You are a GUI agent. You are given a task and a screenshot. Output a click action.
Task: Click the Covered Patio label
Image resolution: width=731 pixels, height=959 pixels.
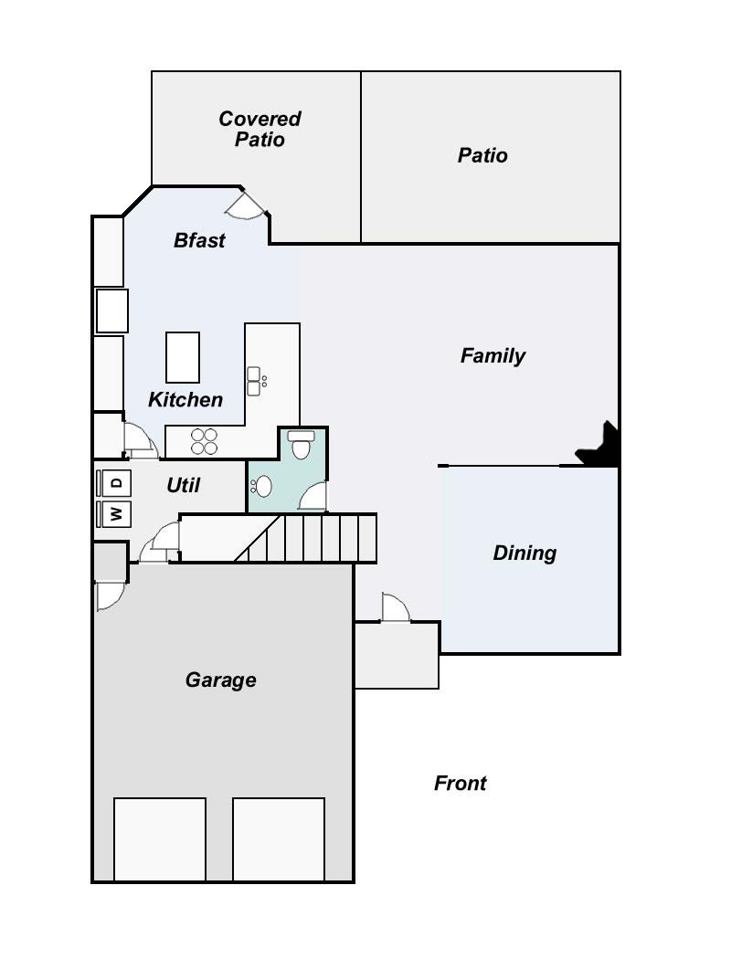[x=260, y=129]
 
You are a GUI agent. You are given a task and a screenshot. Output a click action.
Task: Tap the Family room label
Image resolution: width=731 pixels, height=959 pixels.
[x=493, y=355]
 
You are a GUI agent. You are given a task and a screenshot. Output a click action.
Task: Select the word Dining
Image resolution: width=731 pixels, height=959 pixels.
[x=524, y=553]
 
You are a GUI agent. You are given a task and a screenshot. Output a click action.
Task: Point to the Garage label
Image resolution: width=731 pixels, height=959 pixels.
[x=221, y=680]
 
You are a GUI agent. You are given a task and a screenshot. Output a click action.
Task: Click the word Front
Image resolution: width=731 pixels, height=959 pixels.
[x=460, y=783]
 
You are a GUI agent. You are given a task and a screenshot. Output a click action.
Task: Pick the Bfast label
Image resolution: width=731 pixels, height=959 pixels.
[x=199, y=240]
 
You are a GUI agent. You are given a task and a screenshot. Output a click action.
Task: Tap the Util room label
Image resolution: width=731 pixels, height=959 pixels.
[x=184, y=485]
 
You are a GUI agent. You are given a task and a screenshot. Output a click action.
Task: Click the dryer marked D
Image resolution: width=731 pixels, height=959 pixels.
[x=114, y=482]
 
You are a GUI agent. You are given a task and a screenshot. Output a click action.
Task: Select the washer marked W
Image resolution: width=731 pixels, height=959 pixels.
[x=114, y=513]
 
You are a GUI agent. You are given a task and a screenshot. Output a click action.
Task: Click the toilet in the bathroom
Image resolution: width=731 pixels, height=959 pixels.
[x=301, y=445]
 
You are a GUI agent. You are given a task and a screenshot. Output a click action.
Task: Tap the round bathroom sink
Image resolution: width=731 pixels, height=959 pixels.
[x=261, y=486]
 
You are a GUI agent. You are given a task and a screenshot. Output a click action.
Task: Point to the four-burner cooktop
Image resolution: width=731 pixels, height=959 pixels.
[x=205, y=441]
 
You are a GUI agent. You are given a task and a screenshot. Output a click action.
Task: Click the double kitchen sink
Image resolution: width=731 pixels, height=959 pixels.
[x=256, y=381]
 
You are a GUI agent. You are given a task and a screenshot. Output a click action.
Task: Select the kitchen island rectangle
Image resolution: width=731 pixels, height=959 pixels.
[x=183, y=357]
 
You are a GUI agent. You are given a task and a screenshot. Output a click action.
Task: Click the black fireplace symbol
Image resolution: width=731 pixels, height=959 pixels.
[x=599, y=445]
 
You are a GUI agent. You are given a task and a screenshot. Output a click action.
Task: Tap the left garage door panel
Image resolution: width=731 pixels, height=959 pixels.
[x=160, y=839]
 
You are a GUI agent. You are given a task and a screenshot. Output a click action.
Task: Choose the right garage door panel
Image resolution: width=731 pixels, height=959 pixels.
[x=279, y=839]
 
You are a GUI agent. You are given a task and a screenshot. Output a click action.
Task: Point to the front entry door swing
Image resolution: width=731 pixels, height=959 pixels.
[x=396, y=608]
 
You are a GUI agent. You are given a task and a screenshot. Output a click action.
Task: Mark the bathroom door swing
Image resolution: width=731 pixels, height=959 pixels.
[x=313, y=497]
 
